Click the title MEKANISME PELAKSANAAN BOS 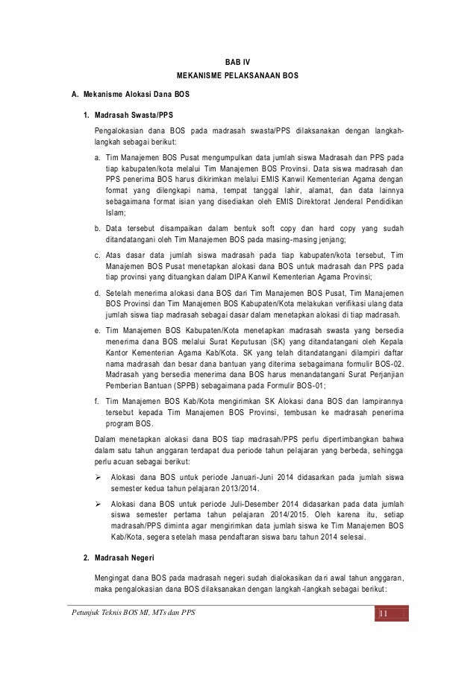pos(238,78)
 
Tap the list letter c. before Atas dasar pos(98,255)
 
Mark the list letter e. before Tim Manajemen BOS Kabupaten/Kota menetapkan pos(98,327)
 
